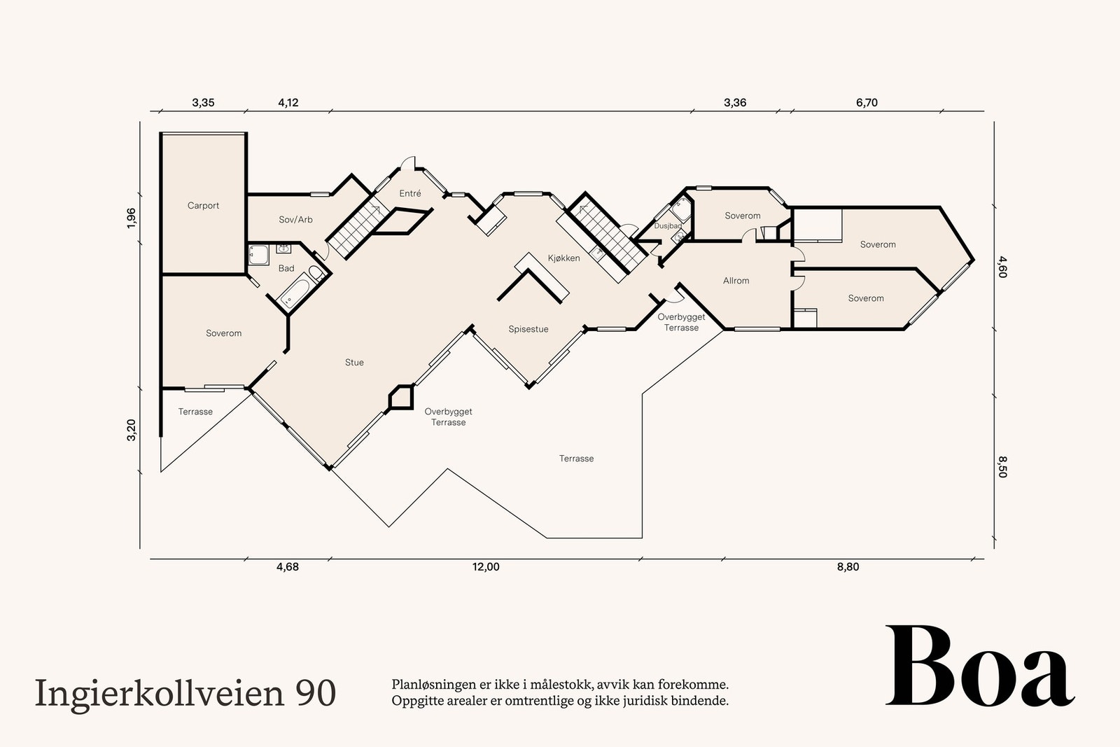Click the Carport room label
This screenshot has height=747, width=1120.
tap(203, 206)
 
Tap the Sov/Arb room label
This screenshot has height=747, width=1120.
tap(295, 220)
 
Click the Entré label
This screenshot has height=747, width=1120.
tap(410, 193)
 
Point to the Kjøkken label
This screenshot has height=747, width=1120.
tap(563, 258)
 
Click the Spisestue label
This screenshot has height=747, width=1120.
tap(528, 329)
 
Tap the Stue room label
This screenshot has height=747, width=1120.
tap(354, 363)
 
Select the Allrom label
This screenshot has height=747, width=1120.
tap(736, 281)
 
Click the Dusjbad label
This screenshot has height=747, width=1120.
tap(668, 226)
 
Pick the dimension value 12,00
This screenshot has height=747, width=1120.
tap(486, 567)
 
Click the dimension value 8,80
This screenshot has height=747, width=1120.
tap(848, 567)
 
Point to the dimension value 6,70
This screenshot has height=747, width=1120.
tap(867, 103)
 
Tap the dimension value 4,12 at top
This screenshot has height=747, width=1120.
tap(288, 103)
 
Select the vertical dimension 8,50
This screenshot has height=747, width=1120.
tap(1002, 467)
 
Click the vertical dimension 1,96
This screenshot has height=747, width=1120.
tap(132, 218)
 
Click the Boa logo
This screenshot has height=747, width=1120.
tap(979, 667)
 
